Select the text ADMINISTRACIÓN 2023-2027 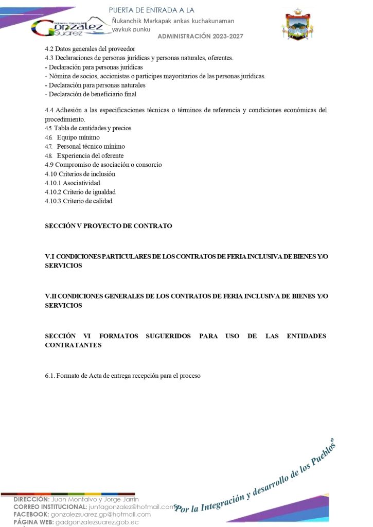[x=200, y=36]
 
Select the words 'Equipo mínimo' [x=78, y=137]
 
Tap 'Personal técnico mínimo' [x=91, y=147]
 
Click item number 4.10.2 [x=53, y=192]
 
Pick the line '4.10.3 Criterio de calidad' [x=79, y=201]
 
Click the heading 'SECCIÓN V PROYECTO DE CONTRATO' [x=109, y=226]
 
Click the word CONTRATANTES [x=73, y=345]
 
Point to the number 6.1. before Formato [x=50, y=376]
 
